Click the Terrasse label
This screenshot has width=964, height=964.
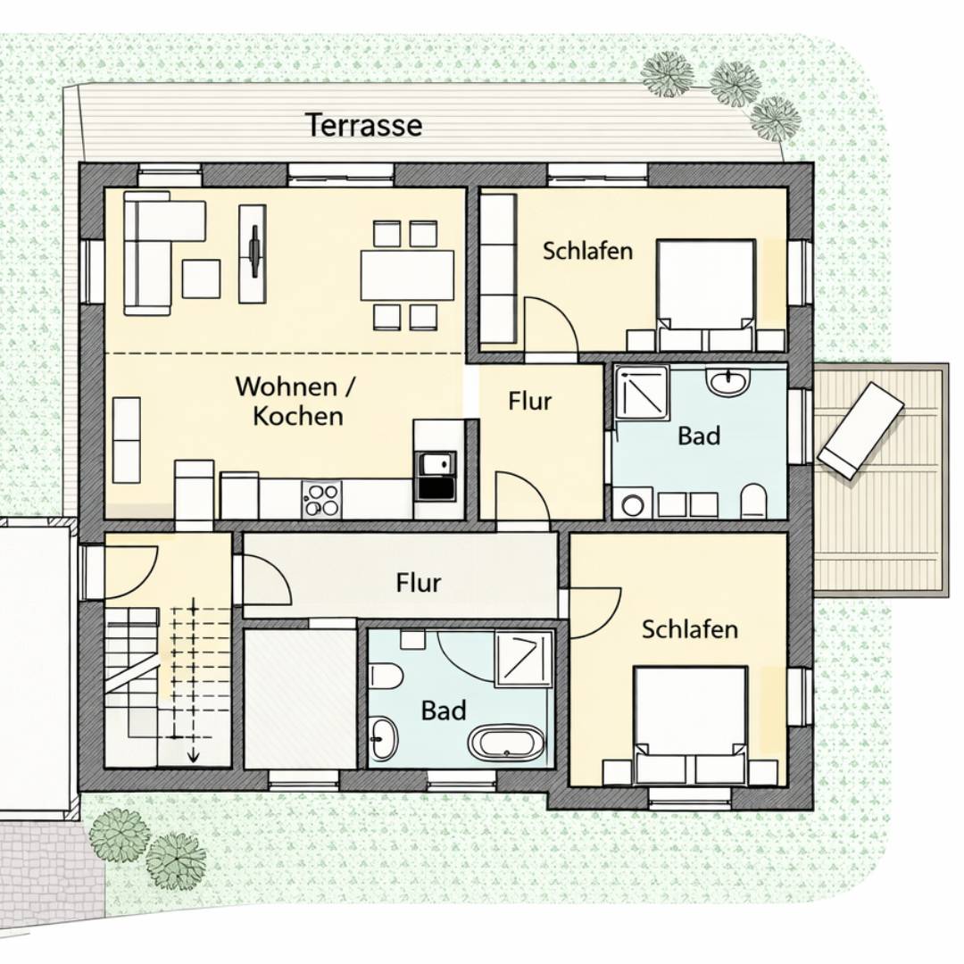[x=364, y=125]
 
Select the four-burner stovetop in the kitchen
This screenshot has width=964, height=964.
[x=322, y=499]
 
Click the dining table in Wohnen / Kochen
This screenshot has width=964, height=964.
[x=407, y=275]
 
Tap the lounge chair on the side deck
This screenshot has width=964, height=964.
[x=860, y=429]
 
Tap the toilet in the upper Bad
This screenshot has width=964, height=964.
[x=753, y=501]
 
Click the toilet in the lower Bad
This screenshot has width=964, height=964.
[x=386, y=677]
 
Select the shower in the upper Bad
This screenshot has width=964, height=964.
[x=643, y=393]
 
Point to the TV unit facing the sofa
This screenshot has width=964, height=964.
[x=253, y=253]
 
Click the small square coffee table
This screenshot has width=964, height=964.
[x=201, y=279]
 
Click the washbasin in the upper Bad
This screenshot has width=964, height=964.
[x=729, y=381]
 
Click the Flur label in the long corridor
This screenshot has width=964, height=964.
[x=418, y=583]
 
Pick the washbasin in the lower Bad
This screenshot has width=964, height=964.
[x=384, y=737]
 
